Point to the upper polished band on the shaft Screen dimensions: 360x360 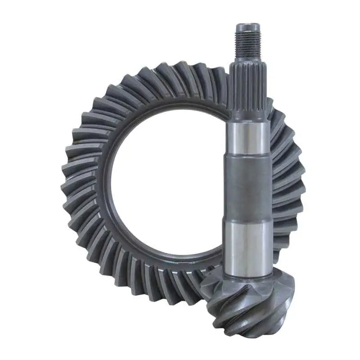coord(248,137)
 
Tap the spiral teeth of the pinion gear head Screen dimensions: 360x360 coord(252,306)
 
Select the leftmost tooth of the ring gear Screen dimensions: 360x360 coord(72,180)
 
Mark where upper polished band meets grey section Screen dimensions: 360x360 coord(248,155)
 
